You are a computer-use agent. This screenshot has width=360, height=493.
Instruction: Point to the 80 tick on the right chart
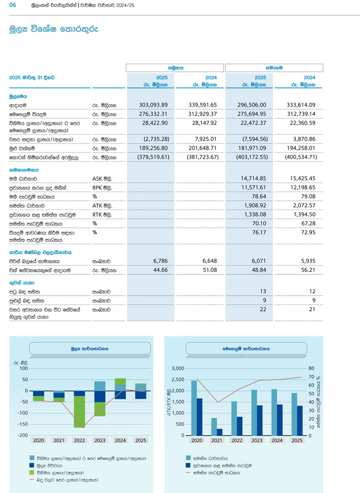311,368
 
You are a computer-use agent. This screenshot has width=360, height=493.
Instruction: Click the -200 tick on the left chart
22,435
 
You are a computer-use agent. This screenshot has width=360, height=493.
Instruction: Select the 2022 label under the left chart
79,440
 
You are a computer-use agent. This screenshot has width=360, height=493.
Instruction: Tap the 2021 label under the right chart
216,440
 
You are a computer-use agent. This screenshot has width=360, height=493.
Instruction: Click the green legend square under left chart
32,472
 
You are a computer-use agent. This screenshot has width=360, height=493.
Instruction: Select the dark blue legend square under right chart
188,465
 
